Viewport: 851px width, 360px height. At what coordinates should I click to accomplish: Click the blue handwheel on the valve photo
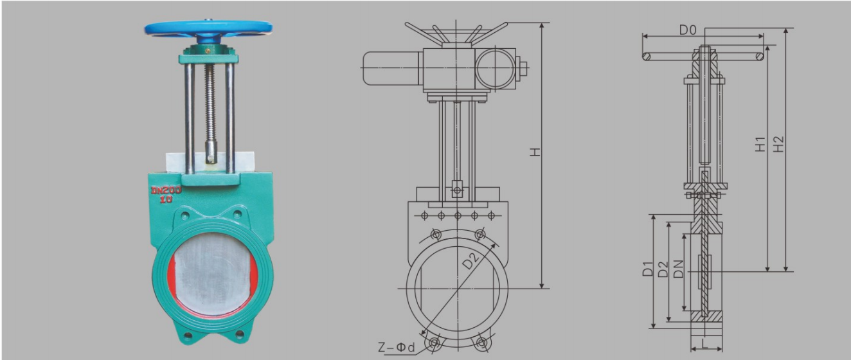click(x=208, y=28)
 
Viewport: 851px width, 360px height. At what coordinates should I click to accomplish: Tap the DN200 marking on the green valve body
click(x=166, y=190)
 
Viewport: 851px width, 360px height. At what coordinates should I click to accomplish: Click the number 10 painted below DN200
click(x=166, y=199)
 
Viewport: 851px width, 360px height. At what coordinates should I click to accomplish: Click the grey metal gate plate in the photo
click(x=213, y=273)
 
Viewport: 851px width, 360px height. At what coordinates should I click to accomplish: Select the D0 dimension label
click(x=688, y=30)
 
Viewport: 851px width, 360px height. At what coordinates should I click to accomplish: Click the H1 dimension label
click(x=760, y=144)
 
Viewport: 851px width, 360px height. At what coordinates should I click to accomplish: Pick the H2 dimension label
click(x=779, y=144)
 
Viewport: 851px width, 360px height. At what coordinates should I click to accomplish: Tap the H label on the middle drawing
click(x=535, y=151)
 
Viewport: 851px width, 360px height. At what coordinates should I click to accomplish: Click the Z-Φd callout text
click(x=396, y=346)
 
